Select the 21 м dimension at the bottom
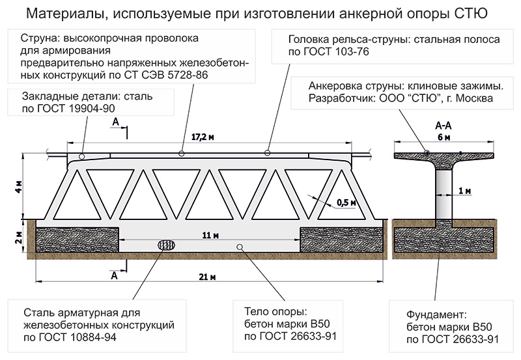(x=208, y=277)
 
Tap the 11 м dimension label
(x=208, y=234)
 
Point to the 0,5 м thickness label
(x=346, y=202)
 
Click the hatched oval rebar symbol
(x=167, y=245)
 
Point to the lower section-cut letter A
(x=115, y=275)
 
